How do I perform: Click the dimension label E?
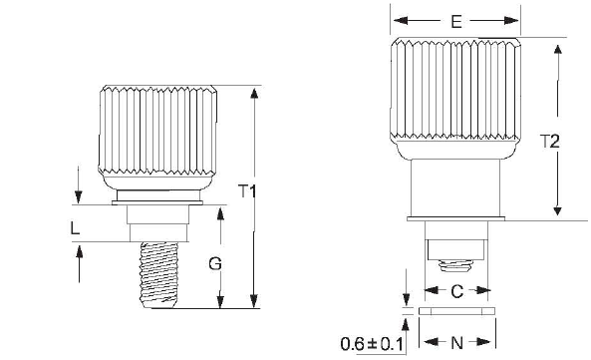click(456, 22)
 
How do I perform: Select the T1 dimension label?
click(247, 191)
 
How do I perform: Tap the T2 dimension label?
click(550, 142)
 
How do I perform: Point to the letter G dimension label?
click(215, 264)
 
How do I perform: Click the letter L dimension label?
click(76, 228)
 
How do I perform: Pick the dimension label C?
click(456, 291)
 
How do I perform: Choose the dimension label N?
click(456, 343)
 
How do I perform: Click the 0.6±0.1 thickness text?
click(372, 344)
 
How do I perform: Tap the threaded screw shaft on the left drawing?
click(158, 275)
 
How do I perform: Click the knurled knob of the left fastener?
click(157, 138)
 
